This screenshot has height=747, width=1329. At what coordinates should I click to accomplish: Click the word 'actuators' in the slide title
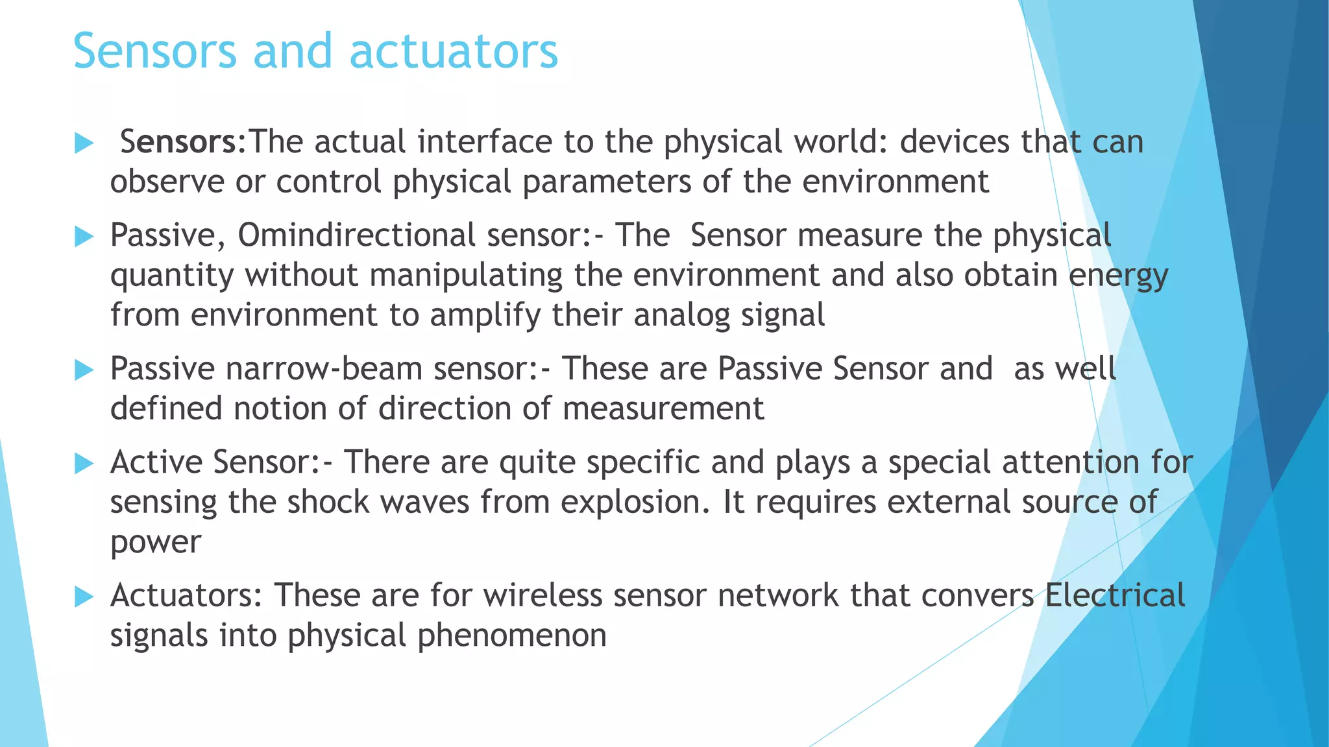453,51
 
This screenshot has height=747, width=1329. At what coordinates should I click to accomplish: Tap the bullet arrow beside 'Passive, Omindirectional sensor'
84,236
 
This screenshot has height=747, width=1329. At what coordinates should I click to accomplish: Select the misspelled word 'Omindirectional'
357,235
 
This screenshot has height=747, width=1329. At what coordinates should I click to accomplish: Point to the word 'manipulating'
466,275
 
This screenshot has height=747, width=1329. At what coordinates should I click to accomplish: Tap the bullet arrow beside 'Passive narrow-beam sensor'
84,370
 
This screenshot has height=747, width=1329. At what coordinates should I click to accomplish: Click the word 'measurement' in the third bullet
663,409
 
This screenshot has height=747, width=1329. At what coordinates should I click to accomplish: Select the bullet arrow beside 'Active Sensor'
84,464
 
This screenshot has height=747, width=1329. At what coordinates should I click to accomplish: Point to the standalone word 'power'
156,543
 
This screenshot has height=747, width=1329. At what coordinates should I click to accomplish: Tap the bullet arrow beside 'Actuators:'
84,597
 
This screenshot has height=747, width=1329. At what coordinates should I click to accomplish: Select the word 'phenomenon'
511,635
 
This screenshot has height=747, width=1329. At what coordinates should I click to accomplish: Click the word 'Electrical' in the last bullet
1115,595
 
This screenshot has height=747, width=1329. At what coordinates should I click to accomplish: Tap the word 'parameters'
607,182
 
